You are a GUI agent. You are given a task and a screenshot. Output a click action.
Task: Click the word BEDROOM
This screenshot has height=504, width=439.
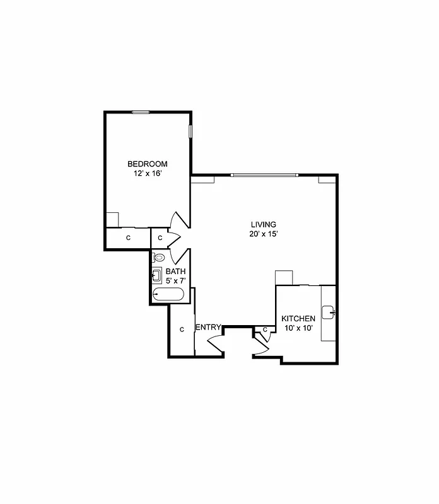click(147, 164)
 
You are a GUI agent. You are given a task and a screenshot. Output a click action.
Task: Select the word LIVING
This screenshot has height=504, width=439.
click(263, 224)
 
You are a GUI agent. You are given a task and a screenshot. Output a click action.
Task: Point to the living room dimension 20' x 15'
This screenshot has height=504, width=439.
click(263, 234)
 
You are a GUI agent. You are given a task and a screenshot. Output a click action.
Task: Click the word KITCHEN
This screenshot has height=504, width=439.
click(298, 319)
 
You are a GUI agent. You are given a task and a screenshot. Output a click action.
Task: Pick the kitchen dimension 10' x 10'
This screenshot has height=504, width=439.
click(298, 328)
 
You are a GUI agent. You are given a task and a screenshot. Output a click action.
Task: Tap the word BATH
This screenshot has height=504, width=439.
click(175, 272)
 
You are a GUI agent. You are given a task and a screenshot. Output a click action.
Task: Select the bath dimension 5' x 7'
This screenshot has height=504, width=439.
click(175, 280)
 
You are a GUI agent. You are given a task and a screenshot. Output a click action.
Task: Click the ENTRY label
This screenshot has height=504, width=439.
click(208, 327)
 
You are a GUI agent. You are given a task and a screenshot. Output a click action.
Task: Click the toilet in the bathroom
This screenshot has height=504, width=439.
click(158, 258)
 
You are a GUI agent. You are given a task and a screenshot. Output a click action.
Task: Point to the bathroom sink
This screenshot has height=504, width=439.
click(156, 275)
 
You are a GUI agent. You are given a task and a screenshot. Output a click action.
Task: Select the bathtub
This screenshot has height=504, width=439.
click(168, 294)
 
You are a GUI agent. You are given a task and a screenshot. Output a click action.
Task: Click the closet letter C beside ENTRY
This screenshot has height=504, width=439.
click(182, 329)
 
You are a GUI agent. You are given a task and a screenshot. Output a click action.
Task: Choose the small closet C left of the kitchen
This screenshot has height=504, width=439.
click(265, 329)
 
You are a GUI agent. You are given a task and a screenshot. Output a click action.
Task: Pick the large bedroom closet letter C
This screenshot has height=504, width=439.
click(128, 238)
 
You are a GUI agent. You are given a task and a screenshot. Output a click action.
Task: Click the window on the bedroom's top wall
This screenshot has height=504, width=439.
click(141, 112)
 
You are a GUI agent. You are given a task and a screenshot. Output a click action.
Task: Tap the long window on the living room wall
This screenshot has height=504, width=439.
click(265, 175)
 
